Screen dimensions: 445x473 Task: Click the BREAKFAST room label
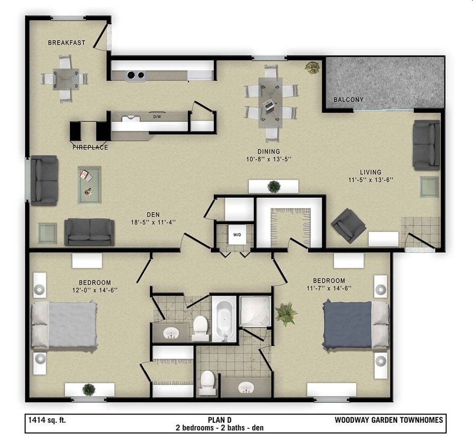click(66, 43)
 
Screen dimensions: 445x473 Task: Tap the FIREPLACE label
click(90, 148)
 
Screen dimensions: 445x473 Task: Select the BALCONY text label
click(348, 100)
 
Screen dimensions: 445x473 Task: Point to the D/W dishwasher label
click(157, 116)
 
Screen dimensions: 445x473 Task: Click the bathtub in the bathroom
click(224, 318)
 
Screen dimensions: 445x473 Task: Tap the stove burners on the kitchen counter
click(135, 75)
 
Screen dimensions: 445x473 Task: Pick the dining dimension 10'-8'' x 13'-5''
click(269, 159)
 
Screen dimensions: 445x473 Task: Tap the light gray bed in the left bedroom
click(65, 324)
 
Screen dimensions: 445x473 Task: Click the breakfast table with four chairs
click(65, 79)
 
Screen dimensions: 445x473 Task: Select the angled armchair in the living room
click(348, 225)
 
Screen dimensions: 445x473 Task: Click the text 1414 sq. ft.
click(48, 420)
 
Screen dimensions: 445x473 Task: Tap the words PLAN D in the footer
click(220, 420)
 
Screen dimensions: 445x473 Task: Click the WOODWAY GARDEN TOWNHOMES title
click(389, 420)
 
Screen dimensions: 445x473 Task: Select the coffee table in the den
click(89, 185)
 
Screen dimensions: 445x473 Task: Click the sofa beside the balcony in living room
click(426, 144)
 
